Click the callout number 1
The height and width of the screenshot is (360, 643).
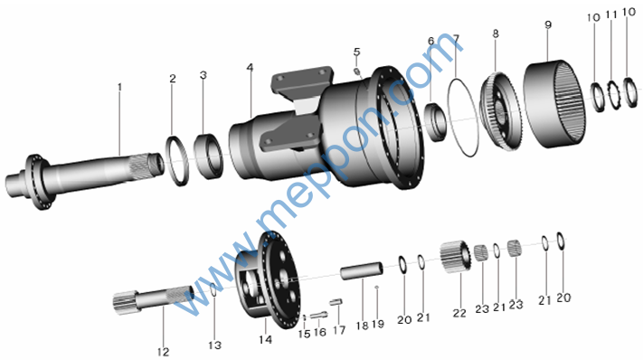(x=119, y=87)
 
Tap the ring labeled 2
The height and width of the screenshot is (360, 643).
(x=177, y=160)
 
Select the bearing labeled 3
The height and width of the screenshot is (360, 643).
(x=208, y=156)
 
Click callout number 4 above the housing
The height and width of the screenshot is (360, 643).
(x=251, y=67)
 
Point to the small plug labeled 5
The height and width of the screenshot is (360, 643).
(x=357, y=71)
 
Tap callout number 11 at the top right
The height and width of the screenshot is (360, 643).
(x=611, y=14)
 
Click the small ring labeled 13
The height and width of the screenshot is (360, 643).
(x=213, y=289)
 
